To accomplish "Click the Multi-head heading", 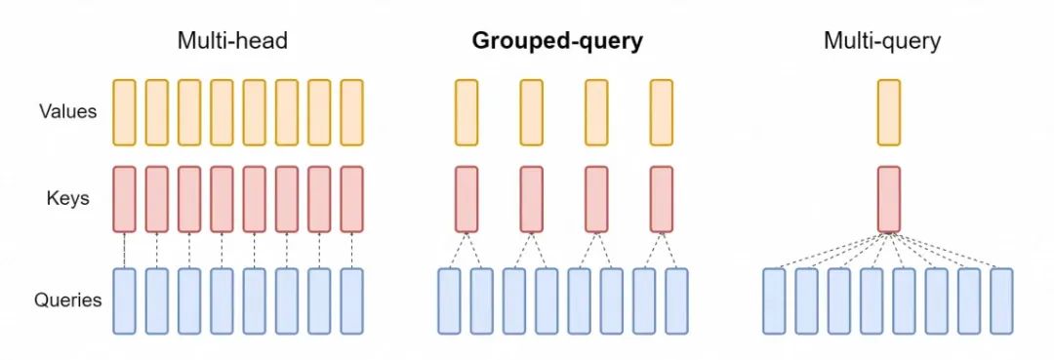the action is (232, 42).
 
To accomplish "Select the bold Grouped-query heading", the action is (557, 42).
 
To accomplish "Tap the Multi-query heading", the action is (882, 42).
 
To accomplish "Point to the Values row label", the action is (67, 111).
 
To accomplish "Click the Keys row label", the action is (67, 199).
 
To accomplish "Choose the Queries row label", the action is (68, 300).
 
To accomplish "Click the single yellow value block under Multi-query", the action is (889, 112).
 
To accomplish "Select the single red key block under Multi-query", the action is (889, 199).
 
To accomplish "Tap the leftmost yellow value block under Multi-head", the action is (124, 112).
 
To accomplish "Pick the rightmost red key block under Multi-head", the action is (351, 199).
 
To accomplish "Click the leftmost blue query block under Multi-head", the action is (124, 301).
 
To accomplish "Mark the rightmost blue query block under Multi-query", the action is (1001, 301).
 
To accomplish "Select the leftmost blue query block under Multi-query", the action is (774, 301).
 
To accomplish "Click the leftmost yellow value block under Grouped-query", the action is (466, 112).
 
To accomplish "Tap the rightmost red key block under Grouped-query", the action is (662, 199).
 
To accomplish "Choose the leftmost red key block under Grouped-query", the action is (466, 199).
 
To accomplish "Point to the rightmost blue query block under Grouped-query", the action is (677, 301).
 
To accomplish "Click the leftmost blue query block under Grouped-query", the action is (450, 301).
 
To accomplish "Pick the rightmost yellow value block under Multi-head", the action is (351, 112).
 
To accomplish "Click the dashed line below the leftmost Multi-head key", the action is (124, 251).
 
